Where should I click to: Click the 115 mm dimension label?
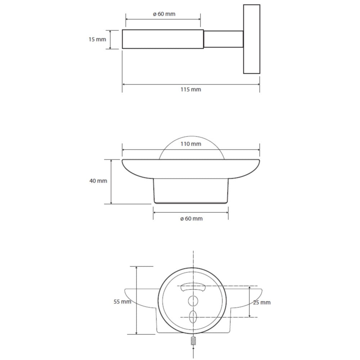tap(190, 89)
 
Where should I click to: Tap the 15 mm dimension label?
tap(97, 40)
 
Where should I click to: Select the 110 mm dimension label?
tap(191, 144)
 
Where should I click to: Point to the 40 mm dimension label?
tap(98, 181)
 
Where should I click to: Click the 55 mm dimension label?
tap(122, 302)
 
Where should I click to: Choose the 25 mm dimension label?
tap(262, 303)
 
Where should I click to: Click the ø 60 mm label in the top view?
tap(164, 14)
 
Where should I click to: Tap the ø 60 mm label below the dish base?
tap(192, 219)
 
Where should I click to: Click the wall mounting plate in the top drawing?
tap(252, 39)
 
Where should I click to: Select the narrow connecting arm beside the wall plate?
tap(224, 39)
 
